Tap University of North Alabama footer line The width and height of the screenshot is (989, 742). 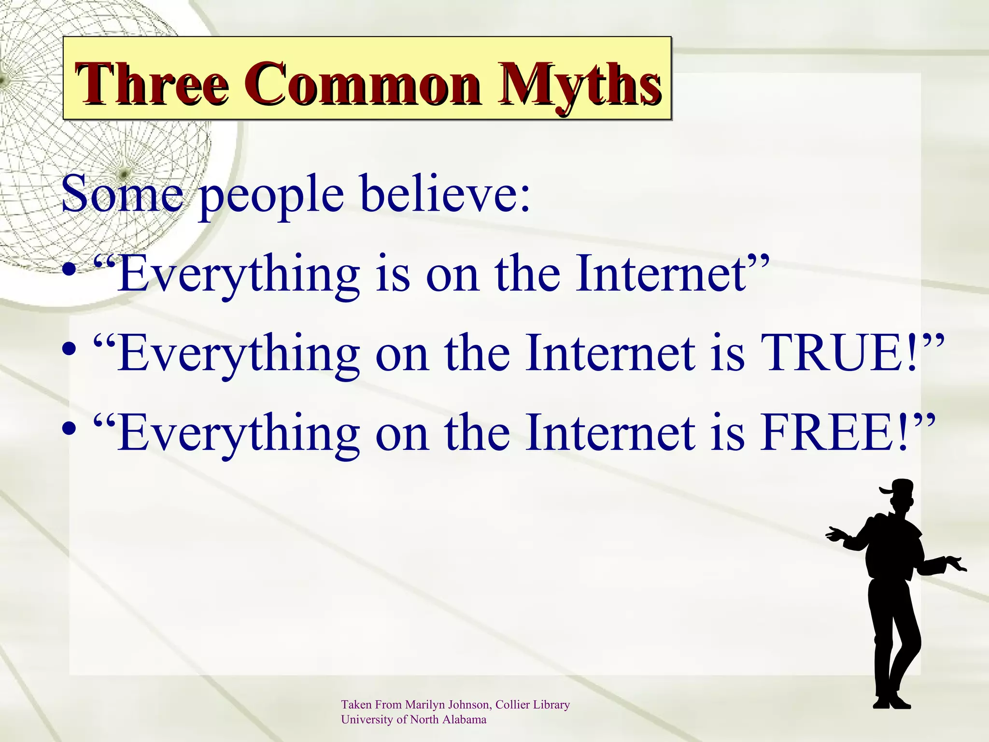(x=413, y=720)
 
